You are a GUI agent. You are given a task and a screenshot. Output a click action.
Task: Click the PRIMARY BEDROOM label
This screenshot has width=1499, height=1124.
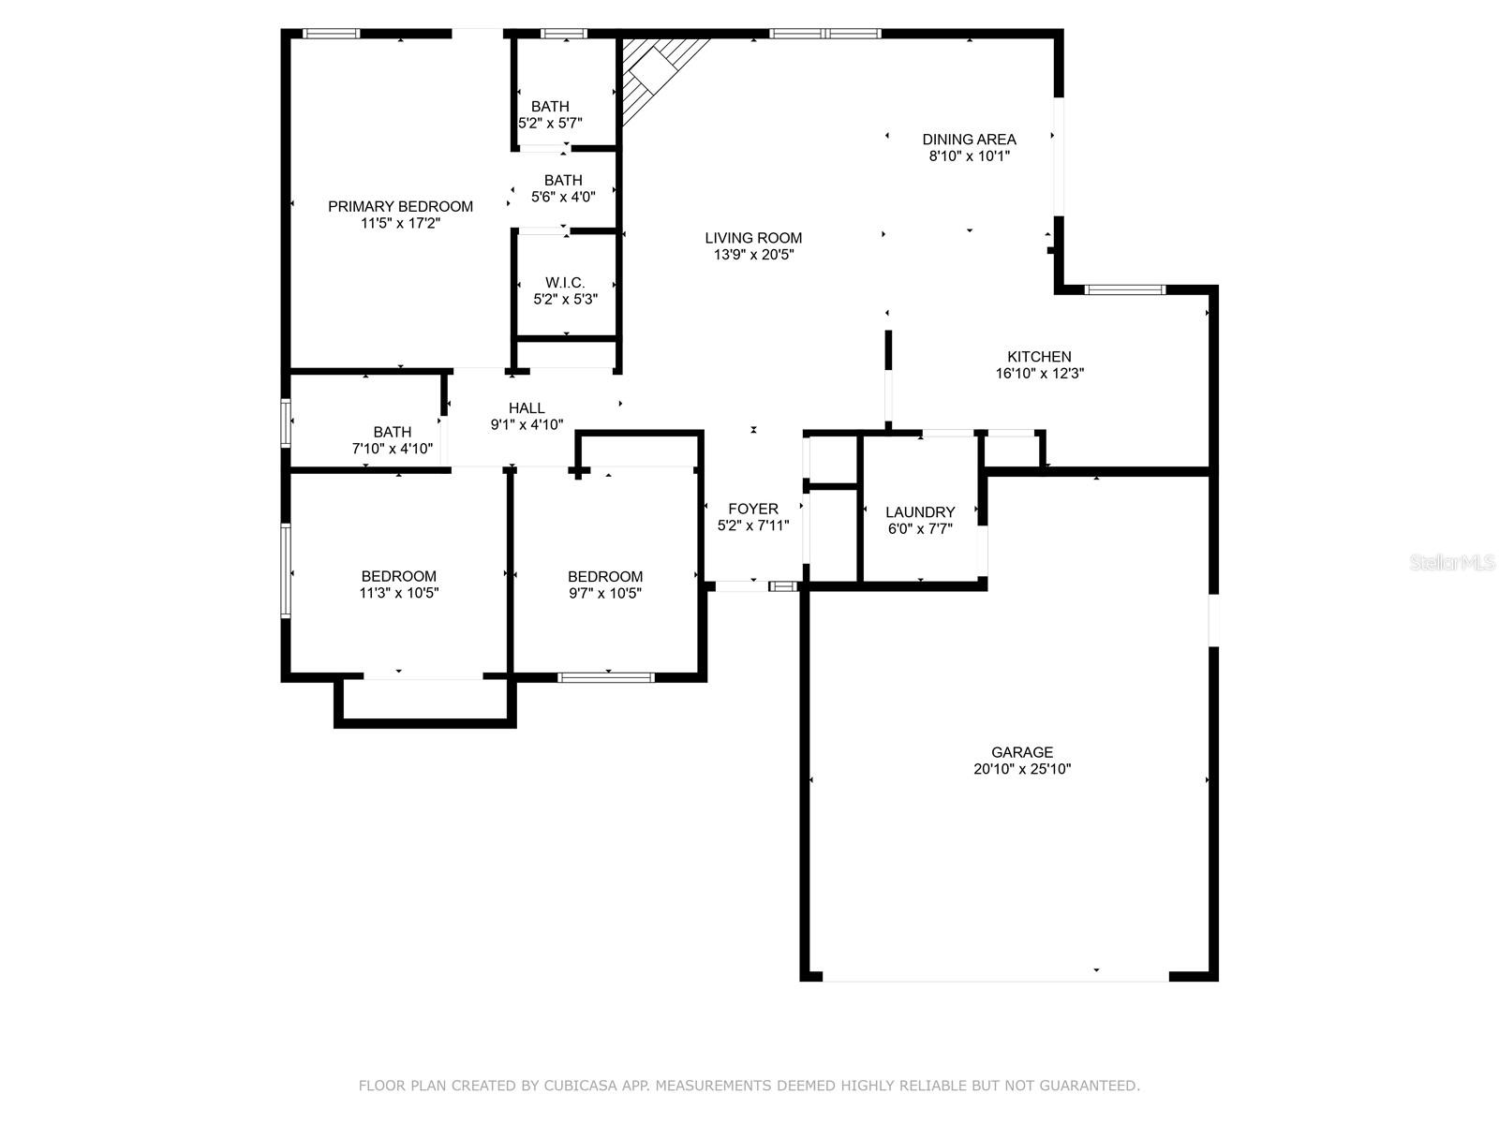pos(400,206)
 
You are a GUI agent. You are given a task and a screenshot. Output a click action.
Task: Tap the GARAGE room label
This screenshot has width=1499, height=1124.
pos(1021,752)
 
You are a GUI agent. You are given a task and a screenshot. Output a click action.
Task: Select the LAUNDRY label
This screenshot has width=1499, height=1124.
pos(920,511)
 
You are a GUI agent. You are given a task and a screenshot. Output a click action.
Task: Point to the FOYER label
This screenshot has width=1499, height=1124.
pos(753,509)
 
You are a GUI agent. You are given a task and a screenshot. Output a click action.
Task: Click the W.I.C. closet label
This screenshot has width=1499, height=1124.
pos(565,283)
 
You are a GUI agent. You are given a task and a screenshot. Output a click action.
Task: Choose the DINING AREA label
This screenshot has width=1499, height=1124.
pos(969,140)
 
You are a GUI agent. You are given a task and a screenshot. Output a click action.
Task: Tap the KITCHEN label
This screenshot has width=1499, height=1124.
pos(1039,356)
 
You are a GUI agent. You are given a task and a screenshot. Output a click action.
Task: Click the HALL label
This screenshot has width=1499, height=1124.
pos(527,408)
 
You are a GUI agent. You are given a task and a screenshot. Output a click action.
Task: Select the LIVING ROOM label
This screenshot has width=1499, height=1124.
pos(753,238)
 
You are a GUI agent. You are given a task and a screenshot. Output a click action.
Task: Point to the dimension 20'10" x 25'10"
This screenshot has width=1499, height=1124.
pos(1021,769)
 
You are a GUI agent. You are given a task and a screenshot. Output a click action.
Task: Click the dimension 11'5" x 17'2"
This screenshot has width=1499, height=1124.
pos(400,223)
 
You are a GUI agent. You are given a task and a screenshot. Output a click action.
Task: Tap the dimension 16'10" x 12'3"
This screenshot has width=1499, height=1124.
pos(1039,374)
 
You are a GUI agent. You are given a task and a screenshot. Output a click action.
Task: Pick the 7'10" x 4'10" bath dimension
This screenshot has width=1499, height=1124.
pos(392,449)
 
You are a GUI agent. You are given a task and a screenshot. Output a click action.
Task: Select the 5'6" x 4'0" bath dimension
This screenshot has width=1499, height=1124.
pos(563,198)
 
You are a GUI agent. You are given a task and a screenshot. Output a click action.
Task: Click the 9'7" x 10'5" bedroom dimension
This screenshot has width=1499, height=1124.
pos(605,593)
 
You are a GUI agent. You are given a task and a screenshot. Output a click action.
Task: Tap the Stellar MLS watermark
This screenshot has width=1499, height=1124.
pos(1452,562)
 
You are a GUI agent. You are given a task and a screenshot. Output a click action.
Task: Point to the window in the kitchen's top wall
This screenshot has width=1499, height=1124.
pos(1125,289)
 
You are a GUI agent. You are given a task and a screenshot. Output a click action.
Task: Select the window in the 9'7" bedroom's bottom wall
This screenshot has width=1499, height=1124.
pos(606,677)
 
